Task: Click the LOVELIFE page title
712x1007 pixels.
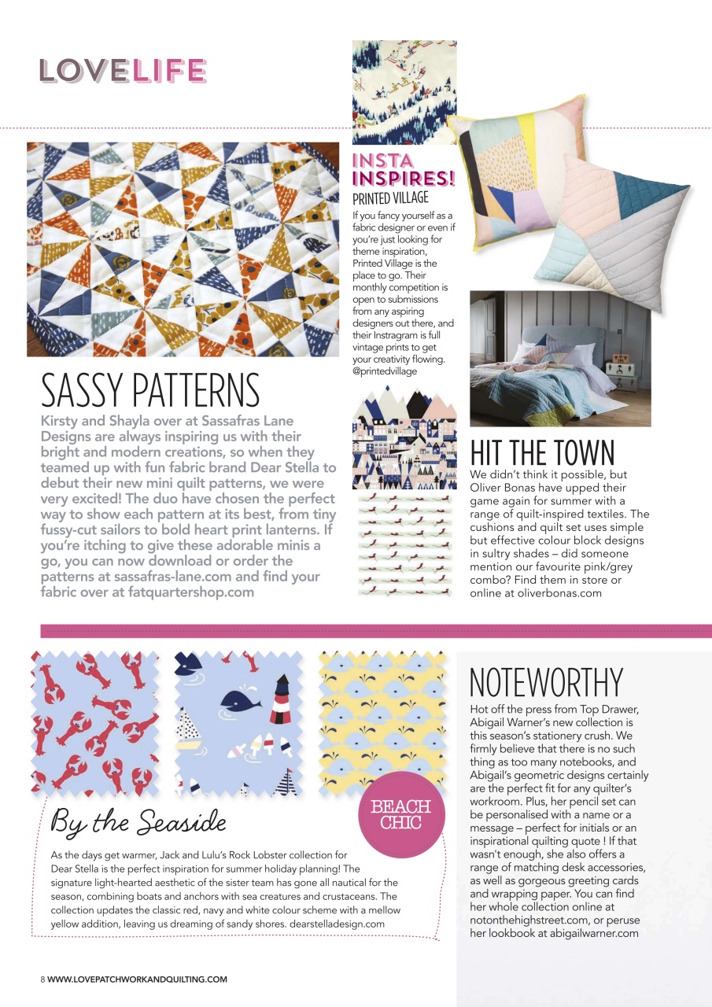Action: pyautogui.click(x=123, y=72)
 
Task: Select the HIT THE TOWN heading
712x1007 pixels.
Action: pyautogui.click(x=542, y=452)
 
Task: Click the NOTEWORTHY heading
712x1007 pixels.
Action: pyautogui.click(x=545, y=682)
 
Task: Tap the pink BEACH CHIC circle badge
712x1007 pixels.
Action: pyautogui.click(x=400, y=814)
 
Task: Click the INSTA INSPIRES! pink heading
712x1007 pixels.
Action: pyautogui.click(x=404, y=170)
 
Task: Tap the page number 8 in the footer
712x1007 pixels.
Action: pyautogui.click(x=42, y=979)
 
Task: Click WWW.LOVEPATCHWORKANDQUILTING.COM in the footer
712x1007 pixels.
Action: pyautogui.click(x=137, y=979)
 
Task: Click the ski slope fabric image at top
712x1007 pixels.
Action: pyautogui.click(x=404, y=91)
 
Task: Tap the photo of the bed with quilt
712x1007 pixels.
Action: pyautogui.click(x=559, y=359)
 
